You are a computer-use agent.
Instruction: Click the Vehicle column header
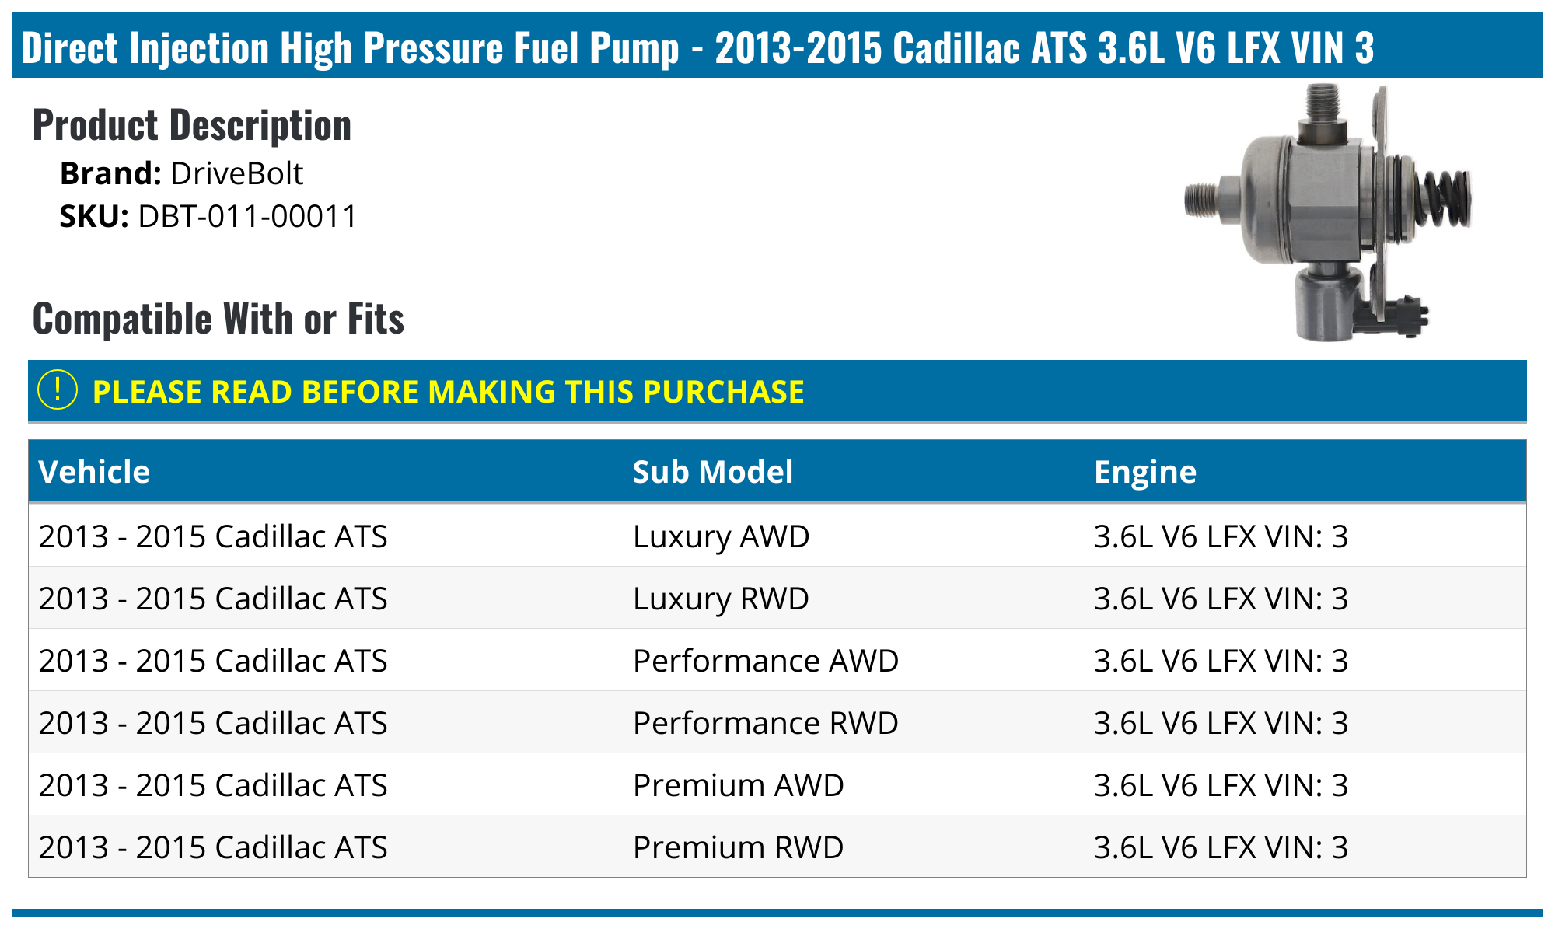(94, 472)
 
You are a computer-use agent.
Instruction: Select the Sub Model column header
(712, 472)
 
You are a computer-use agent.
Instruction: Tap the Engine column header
(1144, 472)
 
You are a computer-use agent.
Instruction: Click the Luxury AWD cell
(721, 536)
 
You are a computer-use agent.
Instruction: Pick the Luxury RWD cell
(721, 599)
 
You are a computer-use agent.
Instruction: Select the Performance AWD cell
(765, 661)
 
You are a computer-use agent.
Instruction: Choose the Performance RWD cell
(765, 723)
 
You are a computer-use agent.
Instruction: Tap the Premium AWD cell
(738, 785)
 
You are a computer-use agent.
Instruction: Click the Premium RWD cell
(738, 847)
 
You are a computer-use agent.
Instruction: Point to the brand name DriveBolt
(236, 173)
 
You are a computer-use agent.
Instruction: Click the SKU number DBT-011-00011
(247, 216)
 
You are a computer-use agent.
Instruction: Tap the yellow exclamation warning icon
(58, 390)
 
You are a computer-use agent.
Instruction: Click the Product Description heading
(192, 125)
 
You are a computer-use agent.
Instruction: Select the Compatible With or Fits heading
(218, 319)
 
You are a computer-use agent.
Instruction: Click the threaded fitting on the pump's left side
(1204, 201)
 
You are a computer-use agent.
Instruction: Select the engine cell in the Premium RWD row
(1220, 847)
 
